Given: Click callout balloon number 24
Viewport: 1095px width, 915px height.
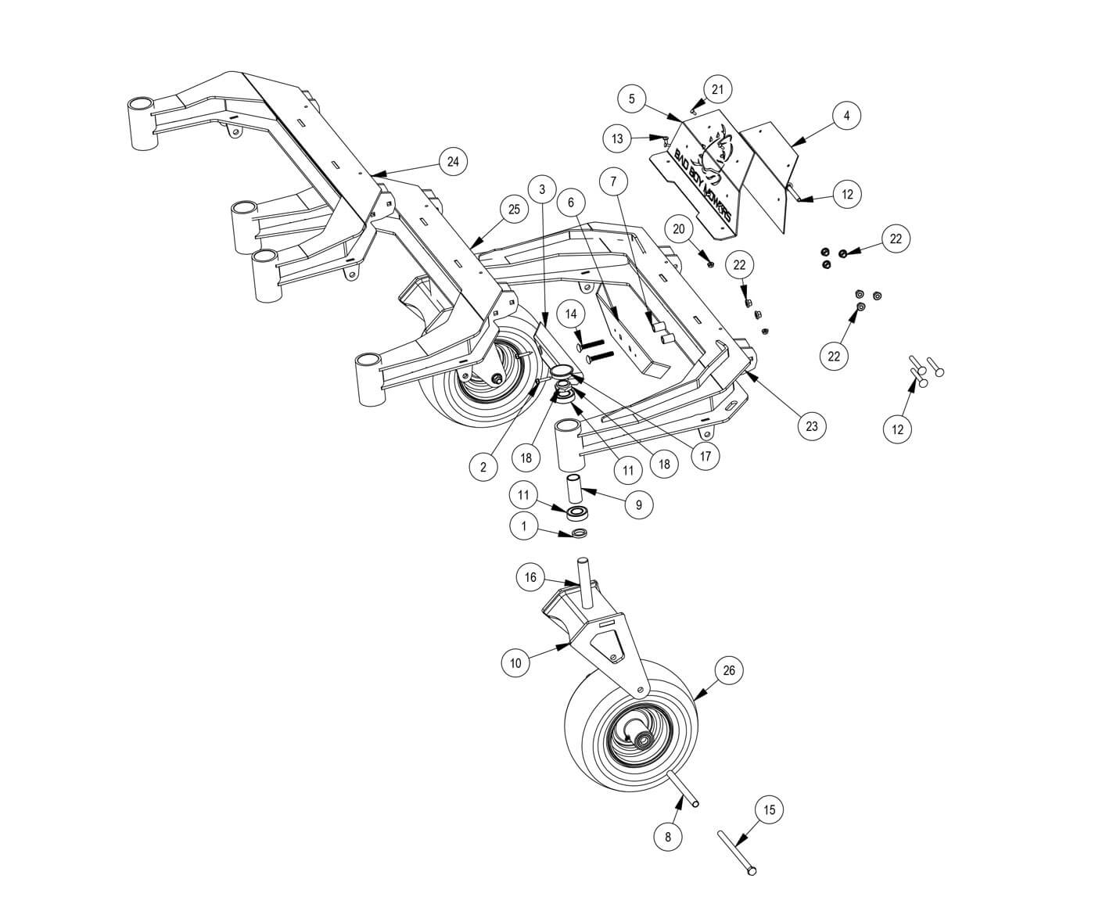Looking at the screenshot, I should pyautogui.click(x=452, y=162).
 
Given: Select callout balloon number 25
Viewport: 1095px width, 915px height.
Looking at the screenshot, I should pyautogui.click(x=514, y=210).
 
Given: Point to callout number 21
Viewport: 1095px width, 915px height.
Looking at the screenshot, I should pyautogui.click(x=717, y=89).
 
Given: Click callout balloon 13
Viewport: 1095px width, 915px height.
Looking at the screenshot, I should pyautogui.click(x=618, y=139).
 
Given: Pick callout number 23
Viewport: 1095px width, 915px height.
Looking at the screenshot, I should pyautogui.click(x=812, y=426).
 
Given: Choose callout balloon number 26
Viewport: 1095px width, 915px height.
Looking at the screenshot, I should pyautogui.click(x=729, y=670).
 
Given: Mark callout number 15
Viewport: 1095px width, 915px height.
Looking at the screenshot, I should pyautogui.click(x=769, y=809).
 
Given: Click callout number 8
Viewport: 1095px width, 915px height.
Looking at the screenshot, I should pyautogui.click(x=668, y=837).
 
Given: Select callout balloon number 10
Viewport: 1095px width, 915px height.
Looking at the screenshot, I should pyautogui.click(x=515, y=663).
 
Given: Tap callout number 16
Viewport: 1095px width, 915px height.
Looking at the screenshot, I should pyautogui.click(x=530, y=578).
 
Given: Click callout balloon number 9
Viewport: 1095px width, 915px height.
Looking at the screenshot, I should pyautogui.click(x=639, y=505).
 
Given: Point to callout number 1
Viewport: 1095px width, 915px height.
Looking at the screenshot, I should pyautogui.click(x=524, y=527).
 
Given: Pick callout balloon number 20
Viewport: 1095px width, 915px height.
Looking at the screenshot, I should pyautogui.click(x=679, y=229).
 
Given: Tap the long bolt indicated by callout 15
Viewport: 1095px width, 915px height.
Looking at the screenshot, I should pyautogui.click(x=736, y=852).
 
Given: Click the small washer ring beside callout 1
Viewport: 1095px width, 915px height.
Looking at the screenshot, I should pyautogui.click(x=578, y=533).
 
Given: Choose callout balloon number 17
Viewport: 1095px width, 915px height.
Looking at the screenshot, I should pyautogui.click(x=705, y=455).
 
